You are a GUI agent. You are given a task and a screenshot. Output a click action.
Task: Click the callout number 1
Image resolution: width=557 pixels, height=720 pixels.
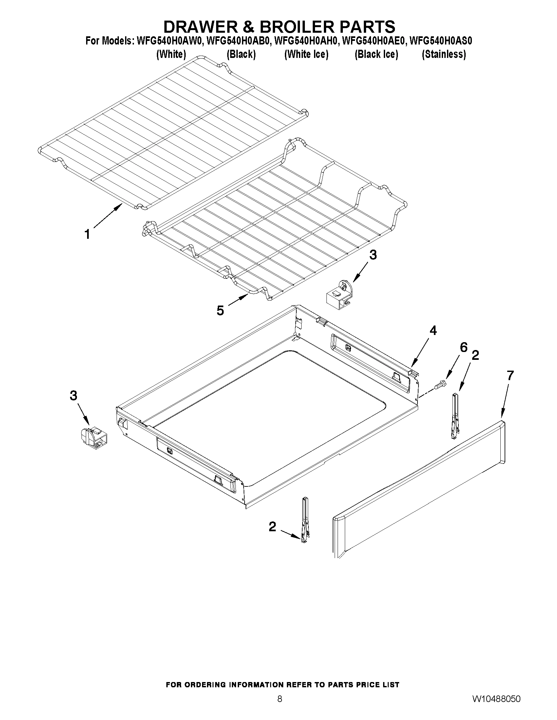[x=87, y=235]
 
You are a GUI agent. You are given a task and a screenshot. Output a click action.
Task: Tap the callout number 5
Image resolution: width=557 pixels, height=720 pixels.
[x=220, y=310]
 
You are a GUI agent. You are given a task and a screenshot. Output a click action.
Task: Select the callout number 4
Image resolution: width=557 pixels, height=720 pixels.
[x=433, y=330]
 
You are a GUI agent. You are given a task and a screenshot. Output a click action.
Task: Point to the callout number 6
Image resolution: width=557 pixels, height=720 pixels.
[x=464, y=347]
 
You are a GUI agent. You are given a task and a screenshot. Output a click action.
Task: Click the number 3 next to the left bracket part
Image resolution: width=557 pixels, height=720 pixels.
[x=73, y=395]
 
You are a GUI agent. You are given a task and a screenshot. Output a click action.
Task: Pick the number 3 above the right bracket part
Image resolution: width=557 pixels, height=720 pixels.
[x=373, y=255]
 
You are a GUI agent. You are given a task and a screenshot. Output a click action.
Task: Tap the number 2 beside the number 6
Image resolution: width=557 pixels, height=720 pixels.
[x=475, y=355]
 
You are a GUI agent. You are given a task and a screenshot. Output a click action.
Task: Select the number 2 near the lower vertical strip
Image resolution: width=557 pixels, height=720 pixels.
[x=272, y=527]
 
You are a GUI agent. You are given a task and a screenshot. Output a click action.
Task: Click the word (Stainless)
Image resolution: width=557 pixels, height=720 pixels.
[x=444, y=54]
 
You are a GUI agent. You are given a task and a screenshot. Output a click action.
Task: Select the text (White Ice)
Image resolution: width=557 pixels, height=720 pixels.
[x=306, y=54]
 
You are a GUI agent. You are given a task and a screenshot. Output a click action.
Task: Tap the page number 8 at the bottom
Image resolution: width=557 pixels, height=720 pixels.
[x=280, y=697]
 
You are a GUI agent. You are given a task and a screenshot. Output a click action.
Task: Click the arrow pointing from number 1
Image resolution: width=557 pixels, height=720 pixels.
[x=107, y=216]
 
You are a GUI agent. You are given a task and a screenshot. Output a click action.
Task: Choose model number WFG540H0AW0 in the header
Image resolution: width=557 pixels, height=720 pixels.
[x=168, y=41]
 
